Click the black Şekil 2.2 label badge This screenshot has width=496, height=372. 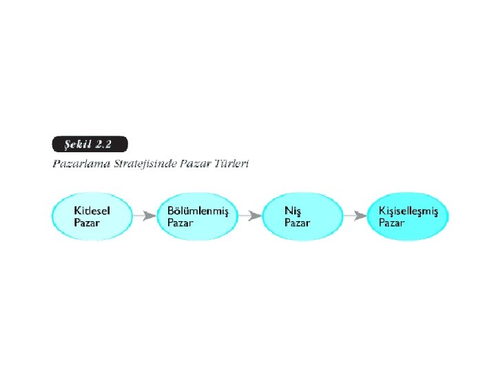90,145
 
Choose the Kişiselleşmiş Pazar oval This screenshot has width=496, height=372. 408,216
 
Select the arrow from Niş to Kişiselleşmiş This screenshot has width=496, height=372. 355,216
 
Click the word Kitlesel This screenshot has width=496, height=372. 92,210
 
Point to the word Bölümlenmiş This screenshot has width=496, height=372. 198,210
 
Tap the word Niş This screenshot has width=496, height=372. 293,210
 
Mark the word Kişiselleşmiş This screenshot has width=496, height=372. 409,210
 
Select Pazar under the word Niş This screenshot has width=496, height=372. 297,223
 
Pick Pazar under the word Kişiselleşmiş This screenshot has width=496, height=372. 391,223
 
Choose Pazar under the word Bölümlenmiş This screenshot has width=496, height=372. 180,223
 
